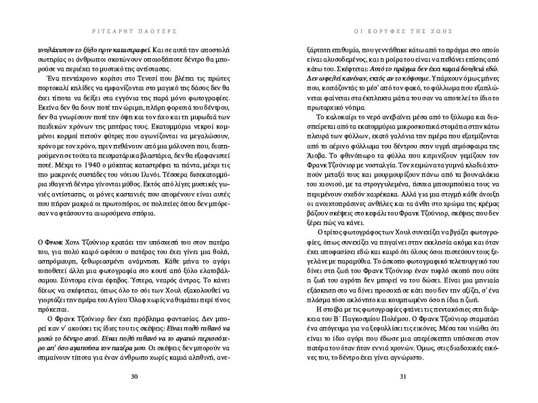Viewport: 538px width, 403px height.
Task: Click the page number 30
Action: (133, 377)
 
